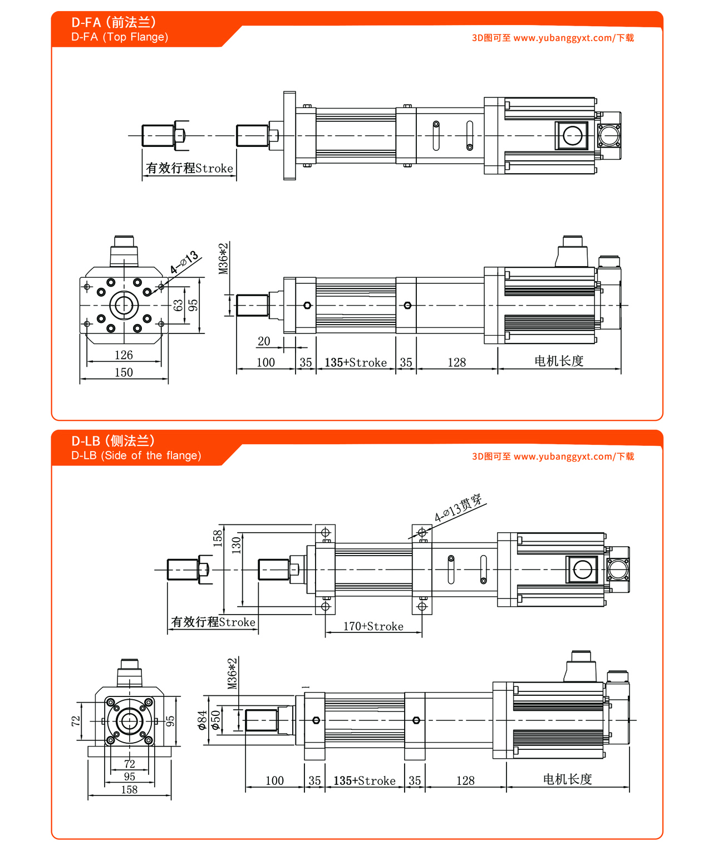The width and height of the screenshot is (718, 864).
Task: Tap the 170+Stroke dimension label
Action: click(373, 626)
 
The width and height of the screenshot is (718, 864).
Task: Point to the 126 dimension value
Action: click(124, 355)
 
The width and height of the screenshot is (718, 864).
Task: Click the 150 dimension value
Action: click(124, 372)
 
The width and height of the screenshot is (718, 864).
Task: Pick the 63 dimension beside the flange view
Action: click(178, 305)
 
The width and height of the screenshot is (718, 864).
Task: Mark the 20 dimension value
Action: click(264, 341)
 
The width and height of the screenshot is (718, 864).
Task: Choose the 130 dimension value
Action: click(237, 543)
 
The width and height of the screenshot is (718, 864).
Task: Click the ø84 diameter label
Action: click(203, 720)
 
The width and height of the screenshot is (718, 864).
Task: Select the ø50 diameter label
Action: click(216, 720)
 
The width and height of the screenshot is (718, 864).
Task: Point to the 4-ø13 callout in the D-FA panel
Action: click(184, 262)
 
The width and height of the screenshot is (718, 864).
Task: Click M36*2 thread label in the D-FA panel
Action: click(224, 258)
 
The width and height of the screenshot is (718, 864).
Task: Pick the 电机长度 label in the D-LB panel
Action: click(567, 779)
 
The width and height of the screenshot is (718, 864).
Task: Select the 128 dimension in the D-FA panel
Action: click(456, 362)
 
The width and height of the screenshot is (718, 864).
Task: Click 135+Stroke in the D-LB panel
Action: click(365, 780)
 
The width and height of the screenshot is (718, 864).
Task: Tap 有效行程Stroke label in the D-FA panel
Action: click(189, 168)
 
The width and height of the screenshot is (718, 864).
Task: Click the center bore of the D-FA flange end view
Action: click(124, 305)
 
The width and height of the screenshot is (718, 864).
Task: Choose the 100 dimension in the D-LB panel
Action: click(274, 780)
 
